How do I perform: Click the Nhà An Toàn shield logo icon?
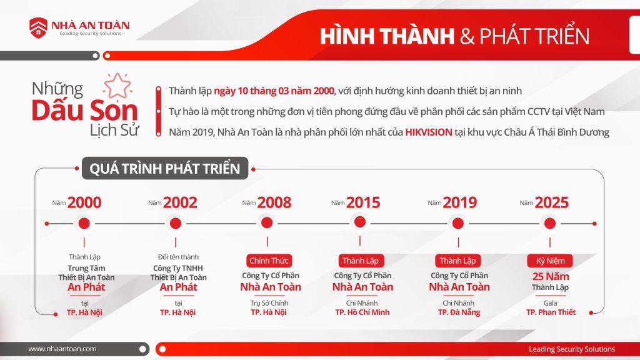[38, 27]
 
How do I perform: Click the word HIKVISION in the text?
[428, 132]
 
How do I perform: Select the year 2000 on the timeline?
[84, 202]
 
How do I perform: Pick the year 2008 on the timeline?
[274, 202]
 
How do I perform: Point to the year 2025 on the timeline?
[552, 202]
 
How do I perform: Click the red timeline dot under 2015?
[359, 221]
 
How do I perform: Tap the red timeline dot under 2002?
[176, 223]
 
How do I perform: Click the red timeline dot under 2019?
[457, 223]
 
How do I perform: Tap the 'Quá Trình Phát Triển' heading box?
[165, 169]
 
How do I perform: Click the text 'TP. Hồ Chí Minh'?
[362, 312]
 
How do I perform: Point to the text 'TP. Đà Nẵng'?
[459, 312]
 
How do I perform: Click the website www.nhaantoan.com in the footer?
[62, 349]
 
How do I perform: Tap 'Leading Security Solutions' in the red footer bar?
[572, 349]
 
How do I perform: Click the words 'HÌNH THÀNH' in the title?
[387, 36]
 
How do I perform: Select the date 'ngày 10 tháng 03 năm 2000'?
[274, 91]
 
